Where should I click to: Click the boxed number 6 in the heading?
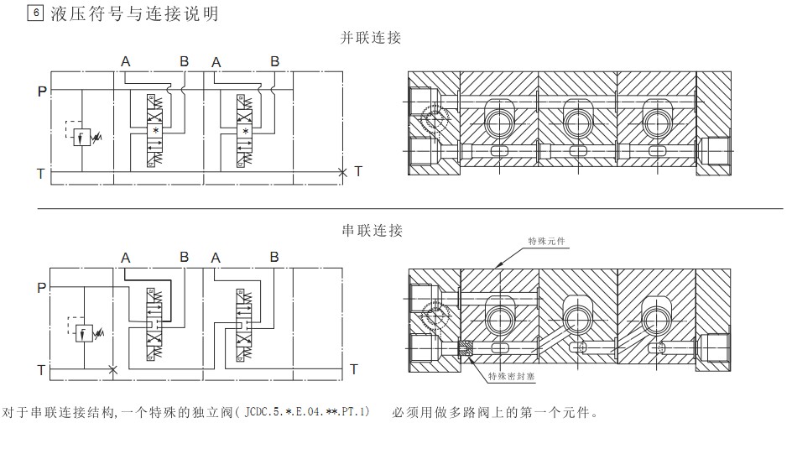[34, 14]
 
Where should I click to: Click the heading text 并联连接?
[371, 38]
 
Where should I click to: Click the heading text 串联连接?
[372, 230]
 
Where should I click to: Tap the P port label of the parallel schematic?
[41, 91]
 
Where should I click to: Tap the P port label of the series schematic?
[41, 288]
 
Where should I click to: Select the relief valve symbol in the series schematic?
[85, 333]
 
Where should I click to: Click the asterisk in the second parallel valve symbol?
[245, 131]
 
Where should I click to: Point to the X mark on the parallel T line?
[342, 172]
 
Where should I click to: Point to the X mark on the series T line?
[113, 369]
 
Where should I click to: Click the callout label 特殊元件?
[546, 241]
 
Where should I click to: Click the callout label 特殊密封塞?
[512, 377]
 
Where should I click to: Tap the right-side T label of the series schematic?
[354, 369]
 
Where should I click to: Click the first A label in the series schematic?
[125, 258]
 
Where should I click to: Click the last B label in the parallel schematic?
[274, 60]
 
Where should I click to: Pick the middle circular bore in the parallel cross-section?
[576, 123]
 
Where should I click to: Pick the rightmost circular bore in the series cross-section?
[656, 317]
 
